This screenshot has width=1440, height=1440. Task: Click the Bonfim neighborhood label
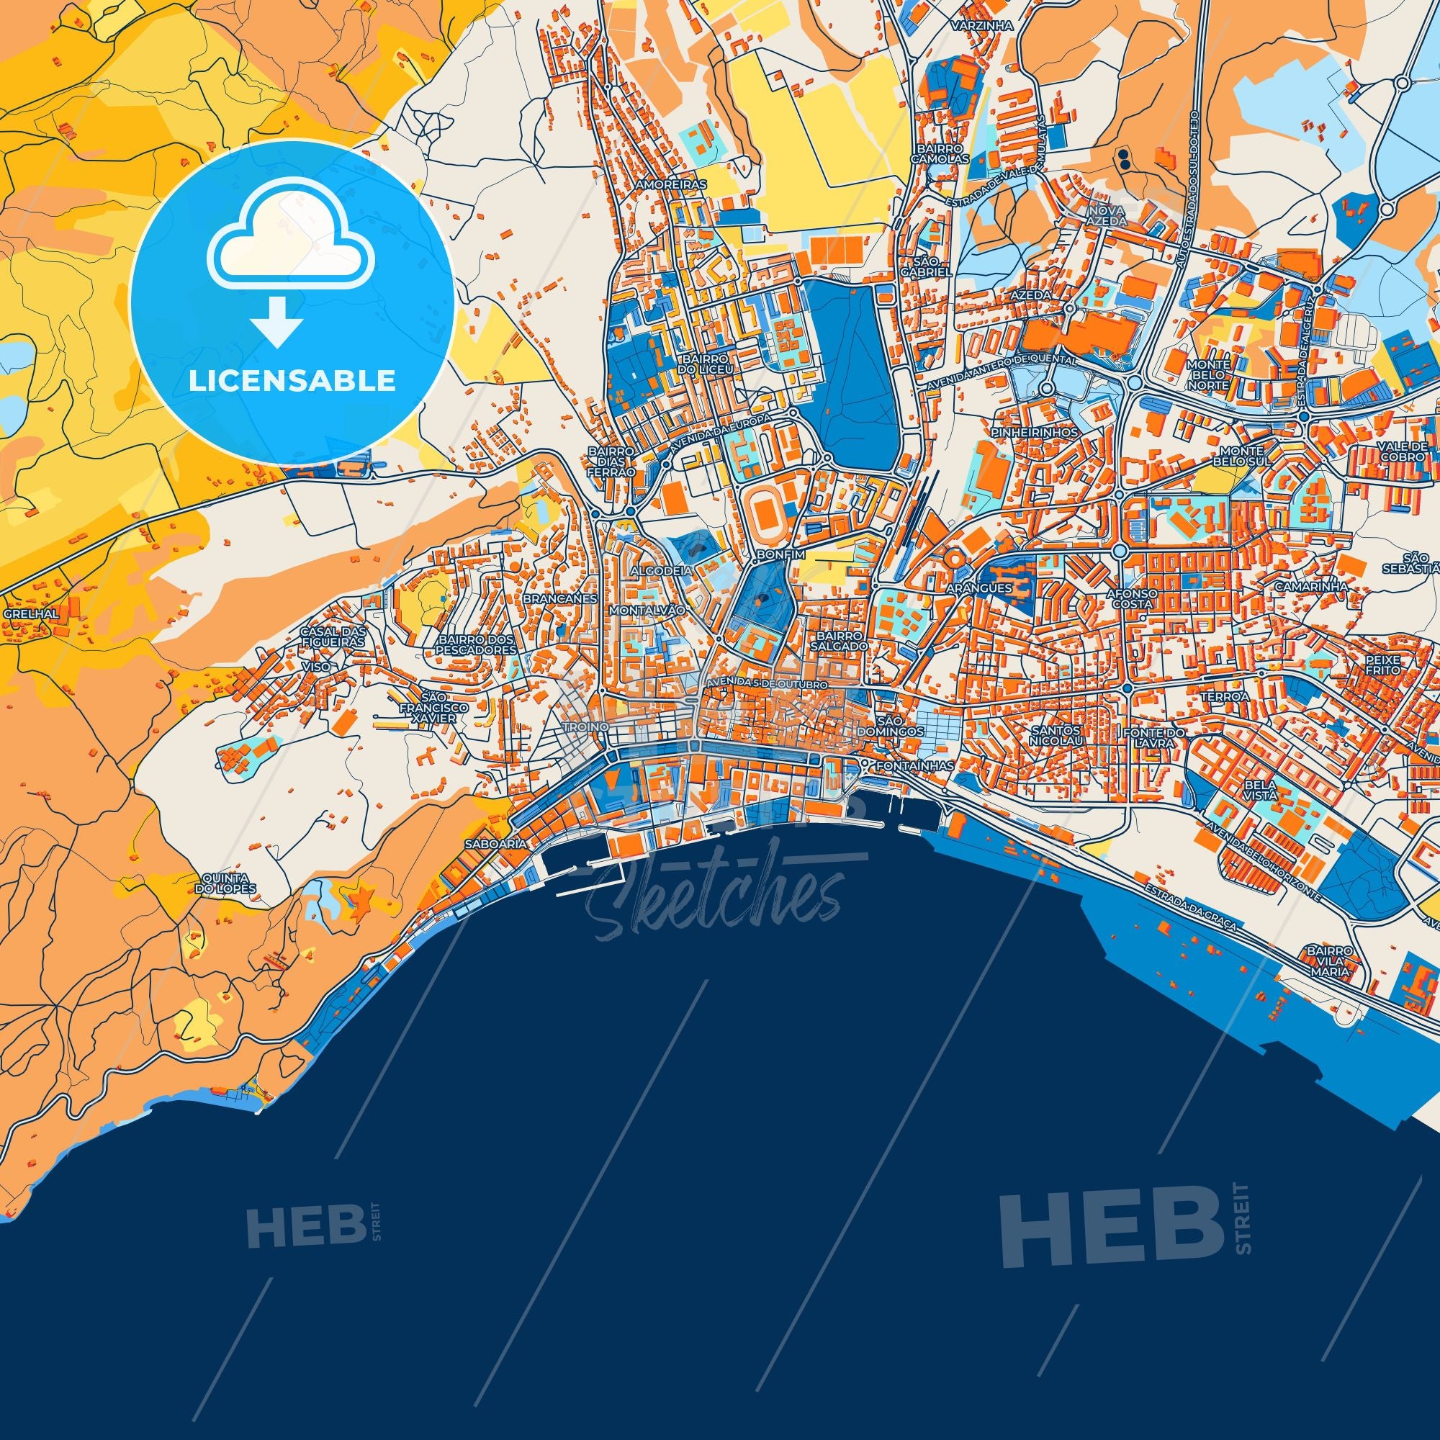pos(777,555)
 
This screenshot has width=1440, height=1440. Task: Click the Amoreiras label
pos(660,183)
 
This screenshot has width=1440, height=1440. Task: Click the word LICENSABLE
pos(292,381)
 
